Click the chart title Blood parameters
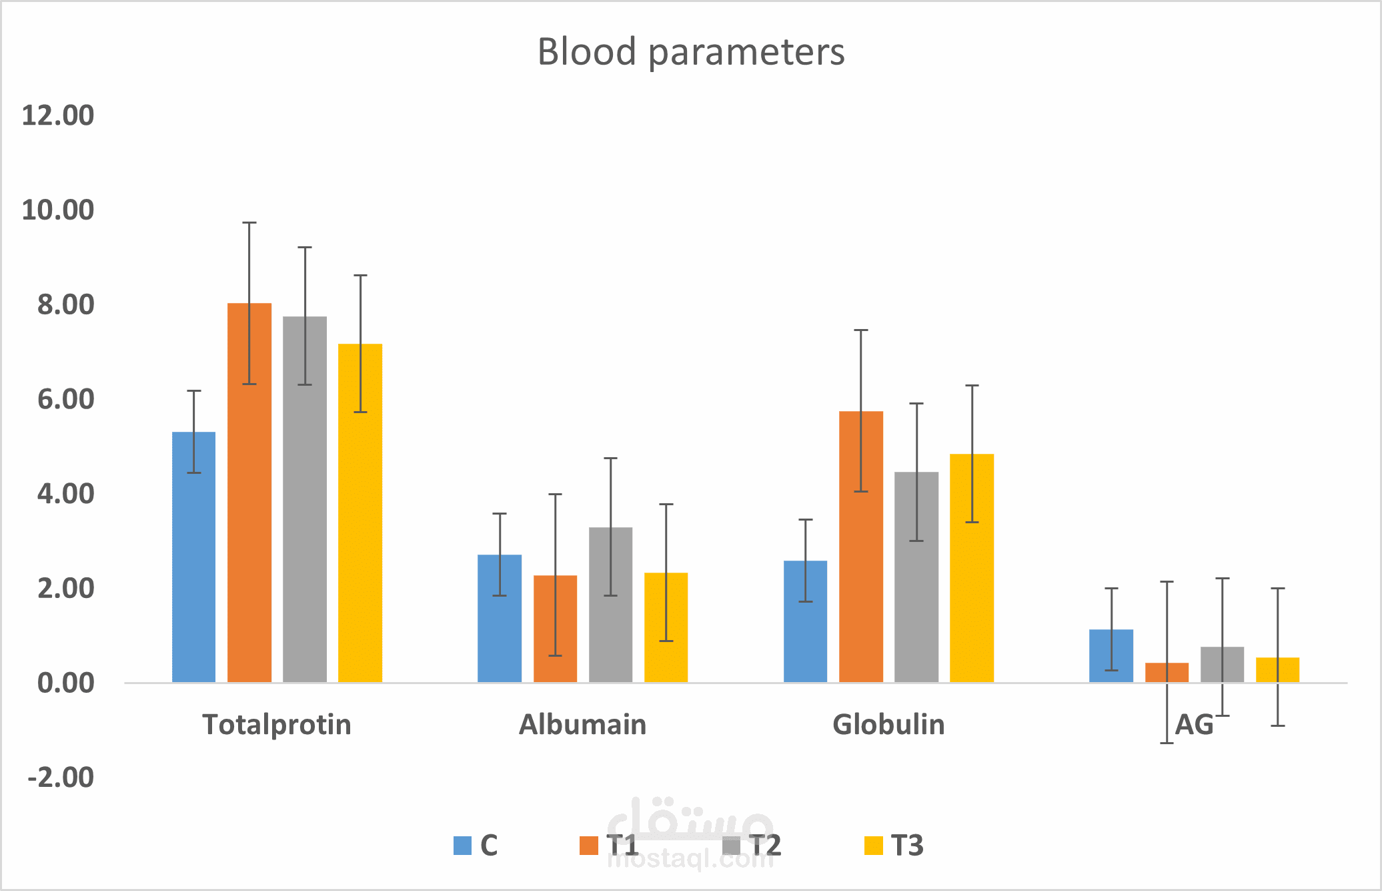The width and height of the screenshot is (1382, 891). point(691,52)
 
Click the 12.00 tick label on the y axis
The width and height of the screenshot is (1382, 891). point(58,115)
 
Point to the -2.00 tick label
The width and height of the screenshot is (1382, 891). point(61,778)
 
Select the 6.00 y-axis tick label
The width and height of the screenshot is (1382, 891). point(65,399)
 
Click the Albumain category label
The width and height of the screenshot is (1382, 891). point(583,725)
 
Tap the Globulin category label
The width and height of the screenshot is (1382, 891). point(888,725)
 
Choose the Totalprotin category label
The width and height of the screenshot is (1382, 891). point(277,725)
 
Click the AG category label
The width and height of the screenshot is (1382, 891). point(1194,725)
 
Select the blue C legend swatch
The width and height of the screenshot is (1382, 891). point(462,846)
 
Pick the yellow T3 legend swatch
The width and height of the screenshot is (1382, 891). point(873,846)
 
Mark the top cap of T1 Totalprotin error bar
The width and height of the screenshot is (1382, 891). point(249,223)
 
